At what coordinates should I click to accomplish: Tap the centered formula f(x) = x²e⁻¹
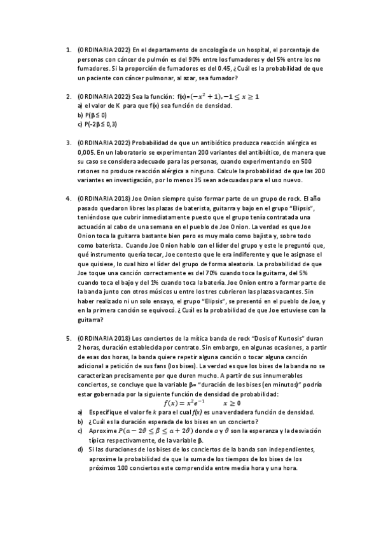tap(184, 403)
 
